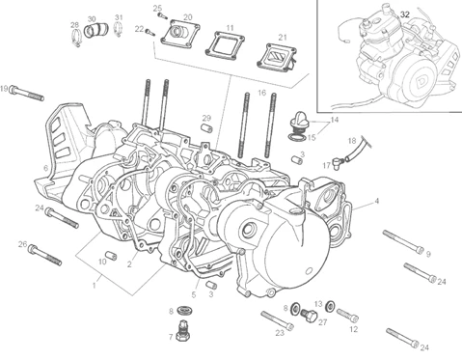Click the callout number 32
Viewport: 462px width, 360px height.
click(x=405, y=14)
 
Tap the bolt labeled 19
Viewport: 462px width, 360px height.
click(x=27, y=93)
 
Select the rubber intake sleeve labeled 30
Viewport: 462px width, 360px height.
click(x=96, y=30)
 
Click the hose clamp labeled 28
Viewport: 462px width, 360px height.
click(x=76, y=38)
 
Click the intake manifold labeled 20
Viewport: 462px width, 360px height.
click(x=180, y=34)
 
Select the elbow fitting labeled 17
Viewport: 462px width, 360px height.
click(x=339, y=160)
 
